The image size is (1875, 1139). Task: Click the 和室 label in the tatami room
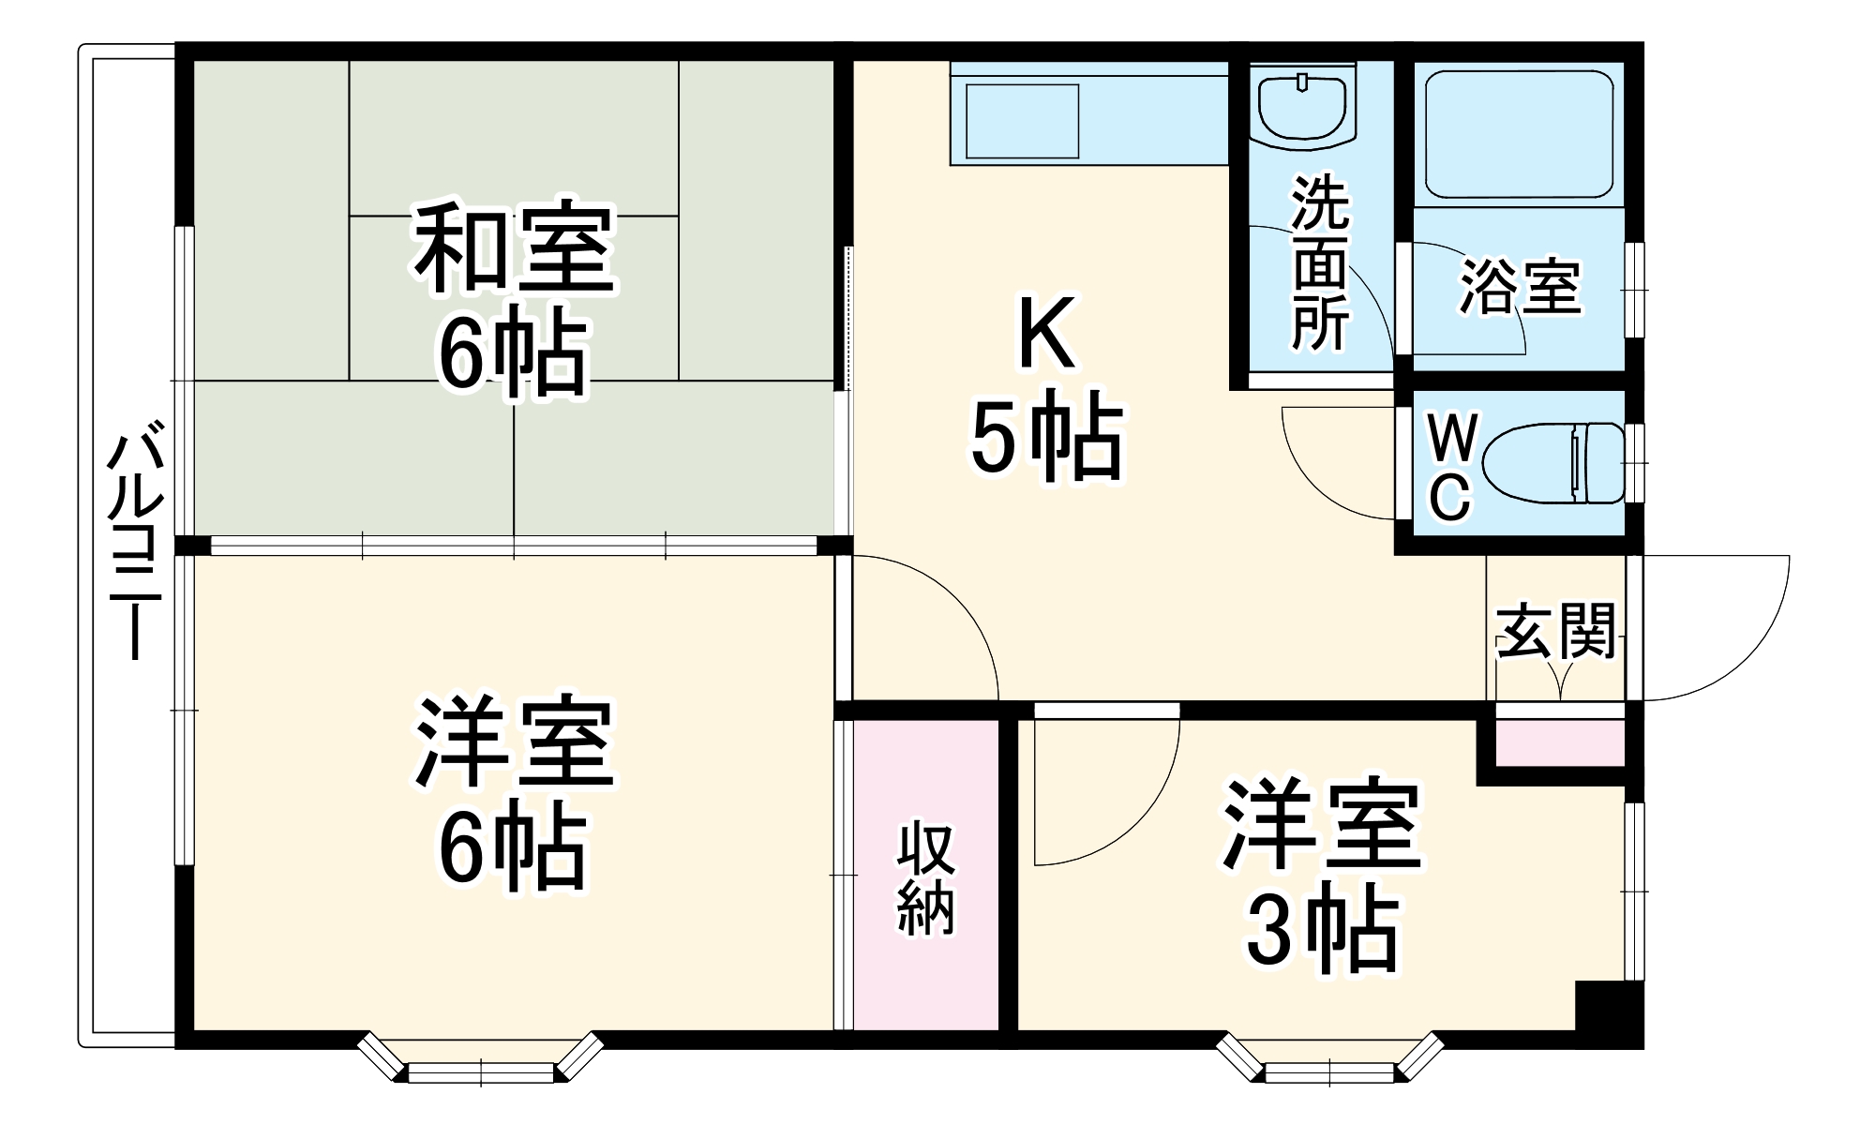tap(514, 247)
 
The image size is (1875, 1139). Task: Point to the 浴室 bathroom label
tap(1520, 286)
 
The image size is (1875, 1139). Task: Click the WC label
tap(1450, 468)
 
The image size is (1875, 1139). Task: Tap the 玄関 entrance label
tap(1556, 631)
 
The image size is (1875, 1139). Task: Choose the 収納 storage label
tap(925, 878)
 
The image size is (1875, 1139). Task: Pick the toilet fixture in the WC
tap(1556, 462)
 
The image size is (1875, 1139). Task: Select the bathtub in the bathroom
tap(1519, 133)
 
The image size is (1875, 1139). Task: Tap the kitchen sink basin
tap(1022, 121)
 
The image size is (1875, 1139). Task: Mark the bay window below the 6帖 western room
tap(480, 1059)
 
